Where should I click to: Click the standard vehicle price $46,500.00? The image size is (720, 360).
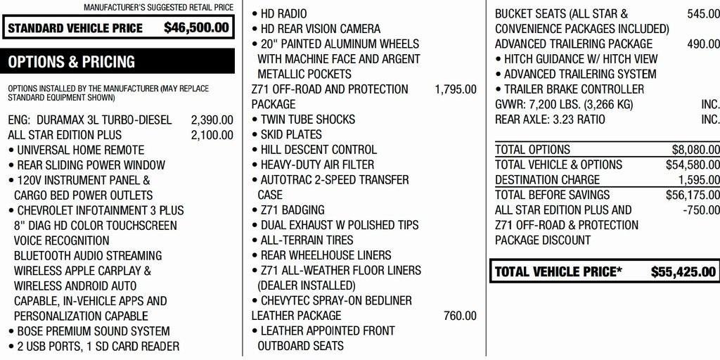click(196, 28)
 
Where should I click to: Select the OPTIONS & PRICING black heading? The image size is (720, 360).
click(72, 62)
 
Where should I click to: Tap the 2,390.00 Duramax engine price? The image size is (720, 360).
click(212, 120)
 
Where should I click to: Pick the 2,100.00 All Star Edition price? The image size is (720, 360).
click(212, 135)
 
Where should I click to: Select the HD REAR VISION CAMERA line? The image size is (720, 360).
click(320, 29)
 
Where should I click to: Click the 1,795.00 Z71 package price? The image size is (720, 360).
click(456, 89)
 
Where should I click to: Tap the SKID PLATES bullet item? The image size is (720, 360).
click(291, 134)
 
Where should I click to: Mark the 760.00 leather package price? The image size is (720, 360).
click(460, 316)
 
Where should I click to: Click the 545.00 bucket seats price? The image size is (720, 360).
click(703, 13)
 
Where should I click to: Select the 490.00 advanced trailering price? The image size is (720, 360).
click(703, 44)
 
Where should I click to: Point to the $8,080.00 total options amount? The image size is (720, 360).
click(695, 150)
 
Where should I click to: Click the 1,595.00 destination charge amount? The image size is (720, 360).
click(698, 180)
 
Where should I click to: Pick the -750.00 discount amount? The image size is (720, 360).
click(701, 210)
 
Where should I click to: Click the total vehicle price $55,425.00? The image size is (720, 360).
click(683, 272)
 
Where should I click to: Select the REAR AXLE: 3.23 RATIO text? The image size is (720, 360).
click(550, 120)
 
